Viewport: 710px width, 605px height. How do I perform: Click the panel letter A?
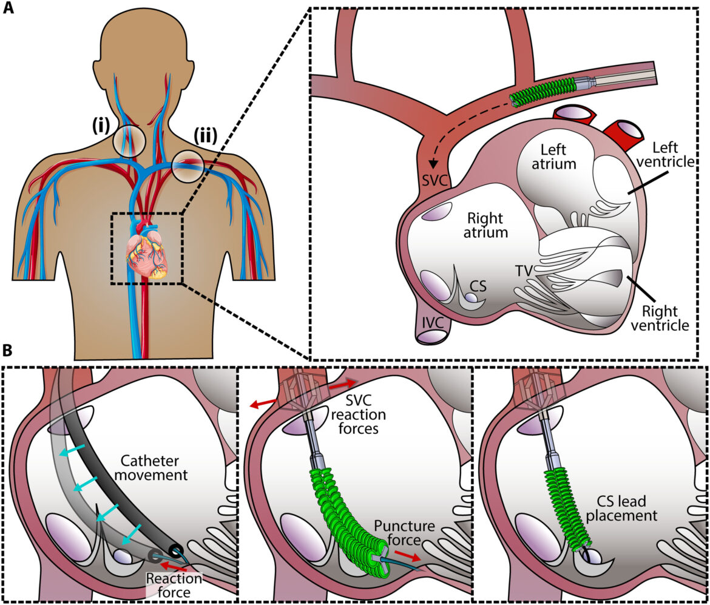point(8,10)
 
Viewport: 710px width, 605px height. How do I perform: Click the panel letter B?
point(8,350)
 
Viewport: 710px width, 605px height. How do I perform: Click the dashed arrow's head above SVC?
point(433,164)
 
